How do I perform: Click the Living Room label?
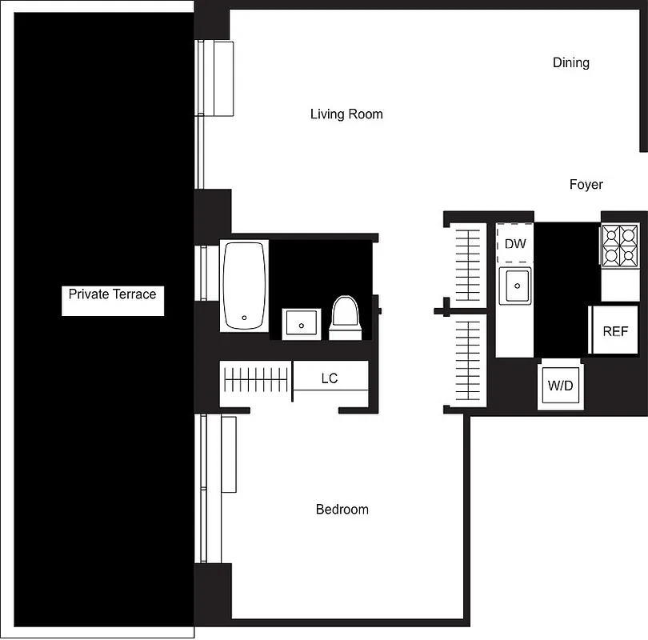(346, 114)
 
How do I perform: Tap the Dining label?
(570, 62)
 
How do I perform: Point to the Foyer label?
(586, 185)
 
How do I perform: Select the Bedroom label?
(342, 510)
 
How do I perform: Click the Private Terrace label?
(112, 294)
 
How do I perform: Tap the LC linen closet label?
(330, 378)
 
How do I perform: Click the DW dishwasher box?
(515, 243)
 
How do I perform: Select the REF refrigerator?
(614, 330)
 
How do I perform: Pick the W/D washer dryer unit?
(560, 386)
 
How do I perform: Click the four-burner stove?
(619, 245)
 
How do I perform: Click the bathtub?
(244, 286)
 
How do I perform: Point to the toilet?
(346, 317)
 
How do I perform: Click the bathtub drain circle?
(245, 317)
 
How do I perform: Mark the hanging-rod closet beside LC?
(256, 378)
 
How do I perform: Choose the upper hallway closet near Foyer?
(467, 263)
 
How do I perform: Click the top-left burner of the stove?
(612, 236)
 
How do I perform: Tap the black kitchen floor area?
(566, 288)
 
